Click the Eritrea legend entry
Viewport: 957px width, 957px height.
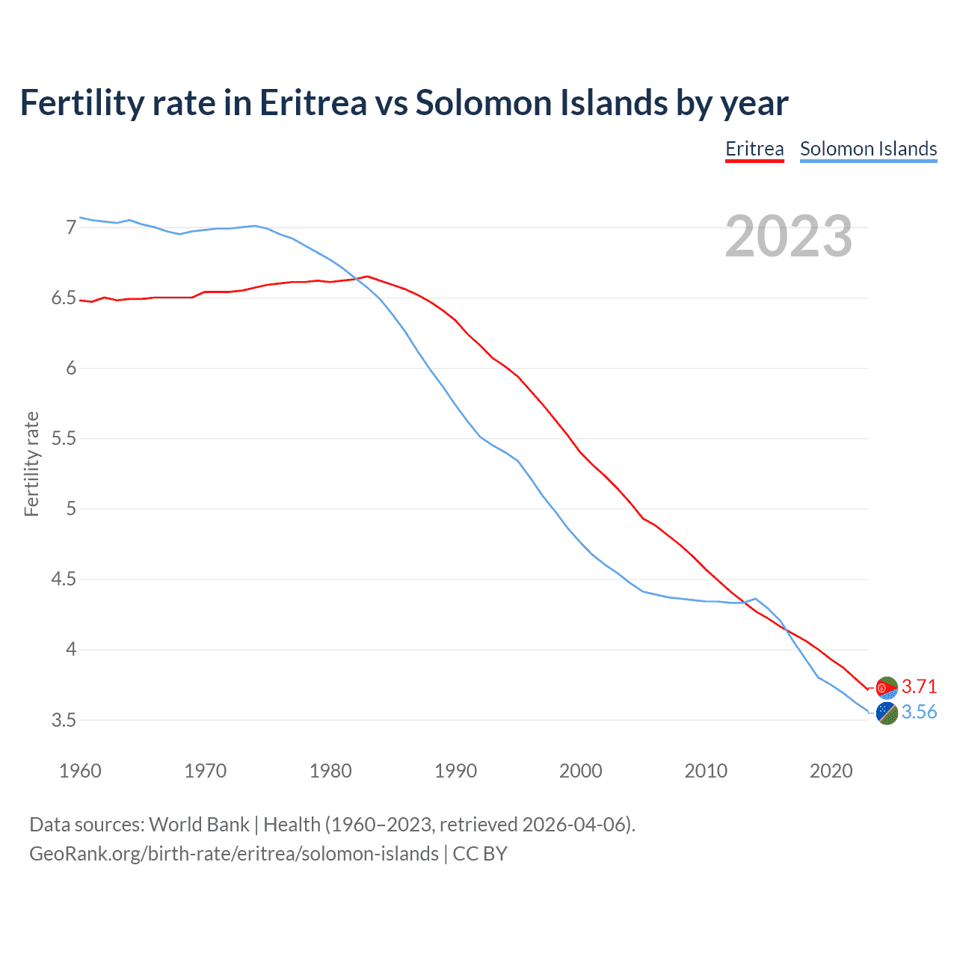point(754,149)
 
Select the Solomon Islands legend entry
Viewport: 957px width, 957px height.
point(868,149)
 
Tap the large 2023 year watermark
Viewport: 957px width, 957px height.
point(789,236)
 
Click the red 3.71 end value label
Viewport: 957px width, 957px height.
point(919,686)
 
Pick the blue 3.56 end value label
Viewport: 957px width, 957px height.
point(919,712)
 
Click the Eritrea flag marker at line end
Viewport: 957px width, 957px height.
point(887,687)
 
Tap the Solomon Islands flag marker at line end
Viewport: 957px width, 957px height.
point(887,713)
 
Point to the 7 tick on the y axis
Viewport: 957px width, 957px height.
point(71,227)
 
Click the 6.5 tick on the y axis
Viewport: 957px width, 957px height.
point(64,298)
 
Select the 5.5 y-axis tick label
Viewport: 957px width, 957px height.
point(64,438)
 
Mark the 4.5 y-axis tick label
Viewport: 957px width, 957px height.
point(64,579)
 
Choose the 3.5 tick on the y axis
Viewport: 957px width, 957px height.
point(64,721)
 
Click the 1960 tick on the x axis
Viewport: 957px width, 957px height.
point(80,771)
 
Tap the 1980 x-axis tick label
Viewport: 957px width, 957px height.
point(330,771)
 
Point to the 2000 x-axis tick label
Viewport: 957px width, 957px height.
point(581,771)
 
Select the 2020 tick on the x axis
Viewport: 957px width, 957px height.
point(831,771)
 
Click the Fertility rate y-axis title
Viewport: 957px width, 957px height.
point(31,464)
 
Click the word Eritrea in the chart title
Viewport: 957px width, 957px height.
point(313,103)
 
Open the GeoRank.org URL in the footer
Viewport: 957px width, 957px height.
point(234,854)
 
